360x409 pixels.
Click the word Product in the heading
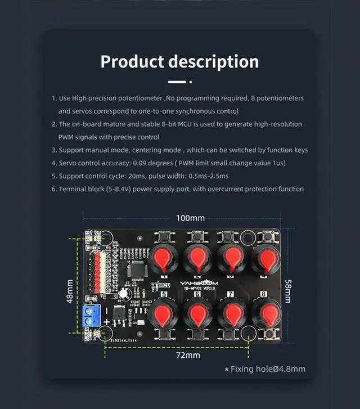[132, 61]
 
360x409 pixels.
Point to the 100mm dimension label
[190, 218]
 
